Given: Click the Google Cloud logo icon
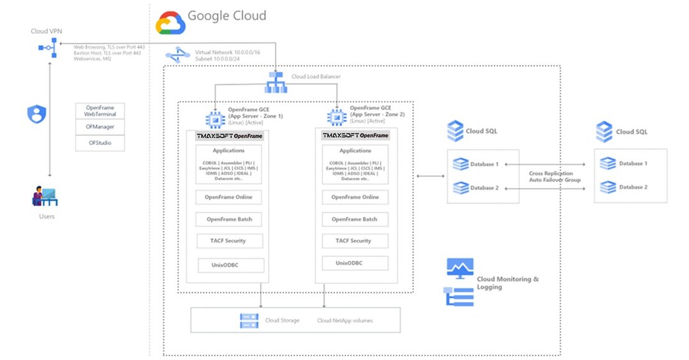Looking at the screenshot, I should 170,22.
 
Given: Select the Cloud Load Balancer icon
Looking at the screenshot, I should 276,82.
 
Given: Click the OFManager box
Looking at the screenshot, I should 100,127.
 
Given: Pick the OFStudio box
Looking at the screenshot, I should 100,143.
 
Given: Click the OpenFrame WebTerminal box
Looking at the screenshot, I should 100,110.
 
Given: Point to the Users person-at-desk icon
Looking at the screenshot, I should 45,196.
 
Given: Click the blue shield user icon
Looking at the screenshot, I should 37,115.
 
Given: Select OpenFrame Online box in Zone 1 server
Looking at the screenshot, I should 230,197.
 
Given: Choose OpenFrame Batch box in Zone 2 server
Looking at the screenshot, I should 355,220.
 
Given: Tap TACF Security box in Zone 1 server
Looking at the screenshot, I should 230,241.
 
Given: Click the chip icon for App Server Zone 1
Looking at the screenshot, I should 213,118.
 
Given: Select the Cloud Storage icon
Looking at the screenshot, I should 248,320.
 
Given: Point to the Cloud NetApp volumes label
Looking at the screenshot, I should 344,320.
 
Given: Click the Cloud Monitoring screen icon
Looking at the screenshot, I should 459,268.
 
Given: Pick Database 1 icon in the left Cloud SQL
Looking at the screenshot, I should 460,164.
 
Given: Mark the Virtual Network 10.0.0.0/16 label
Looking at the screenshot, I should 228,52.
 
